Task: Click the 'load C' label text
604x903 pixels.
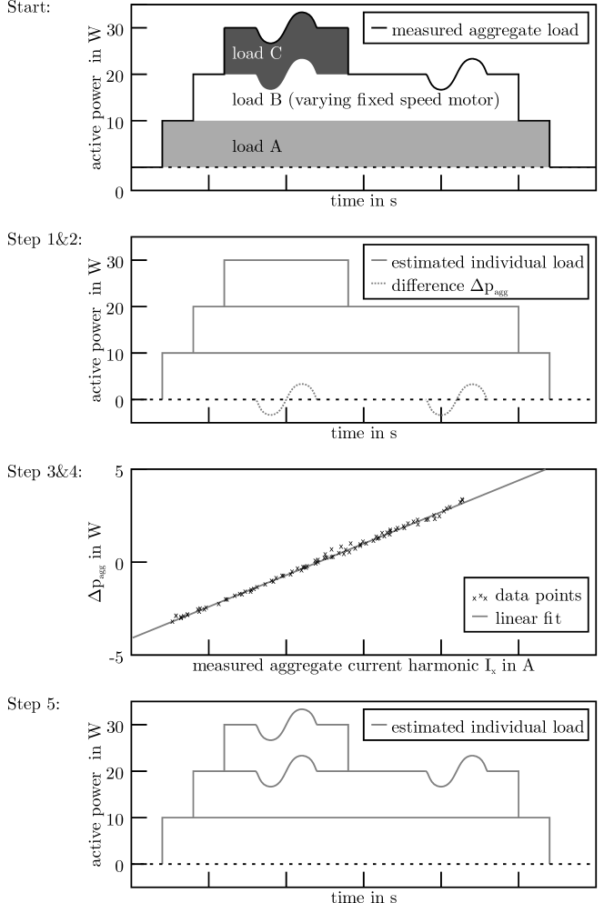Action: coord(257,55)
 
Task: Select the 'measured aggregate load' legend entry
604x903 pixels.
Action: coord(473,30)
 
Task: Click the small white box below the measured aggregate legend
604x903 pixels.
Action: coord(457,75)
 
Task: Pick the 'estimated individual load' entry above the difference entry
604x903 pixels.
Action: coord(476,264)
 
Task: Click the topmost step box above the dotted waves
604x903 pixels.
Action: coord(286,283)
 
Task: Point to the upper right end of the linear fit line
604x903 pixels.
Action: coord(545,470)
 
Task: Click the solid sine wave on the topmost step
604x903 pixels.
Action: coord(286,724)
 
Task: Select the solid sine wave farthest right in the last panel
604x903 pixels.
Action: coord(457,769)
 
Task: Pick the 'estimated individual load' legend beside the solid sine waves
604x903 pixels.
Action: coord(476,727)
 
